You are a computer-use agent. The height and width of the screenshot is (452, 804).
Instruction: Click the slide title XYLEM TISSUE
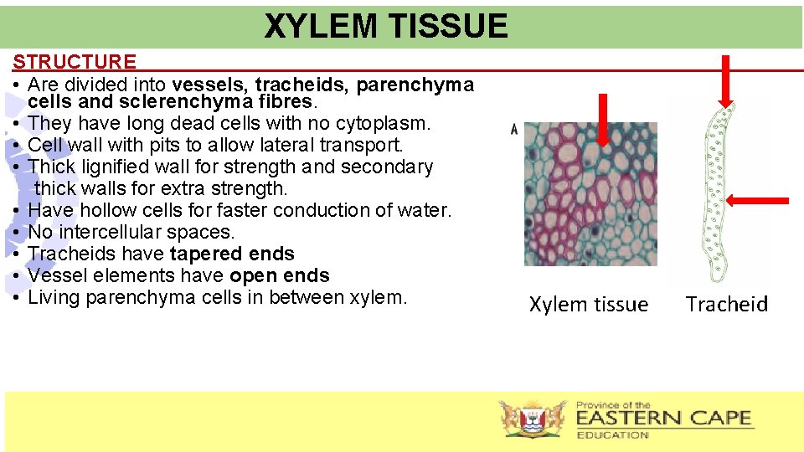click(386, 27)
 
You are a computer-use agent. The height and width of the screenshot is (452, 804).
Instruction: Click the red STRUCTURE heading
click(75, 62)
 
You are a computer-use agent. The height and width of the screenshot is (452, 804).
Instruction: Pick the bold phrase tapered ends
click(232, 254)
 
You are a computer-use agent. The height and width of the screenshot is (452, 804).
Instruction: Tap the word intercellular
click(114, 233)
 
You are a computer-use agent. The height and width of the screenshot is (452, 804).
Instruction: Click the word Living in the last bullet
click(55, 298)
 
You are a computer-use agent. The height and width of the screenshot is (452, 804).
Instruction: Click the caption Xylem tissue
click(589, 305)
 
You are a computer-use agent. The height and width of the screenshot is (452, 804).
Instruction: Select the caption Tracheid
click(726, 305)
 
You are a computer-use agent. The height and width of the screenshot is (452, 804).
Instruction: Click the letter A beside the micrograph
click(513, 129)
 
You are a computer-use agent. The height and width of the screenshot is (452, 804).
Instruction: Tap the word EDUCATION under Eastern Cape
click(613, 435)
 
